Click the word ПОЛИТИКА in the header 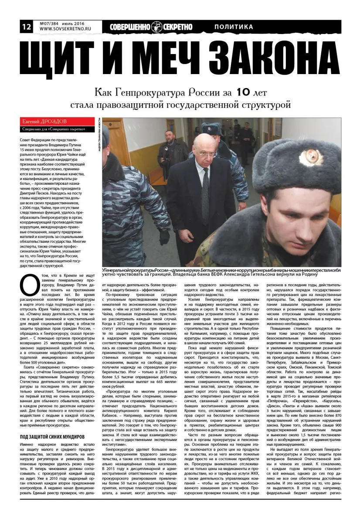point(234,27)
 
